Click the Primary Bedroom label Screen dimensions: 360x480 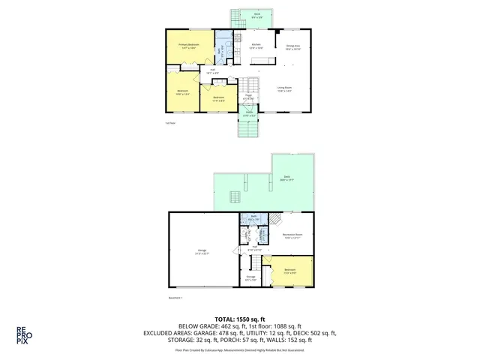[x=188, y=46]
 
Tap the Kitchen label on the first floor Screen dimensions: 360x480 [x=256, y=46]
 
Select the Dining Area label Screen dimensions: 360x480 [x=293, y=46]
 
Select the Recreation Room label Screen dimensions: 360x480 [x=292, y=237]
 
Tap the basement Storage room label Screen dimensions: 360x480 [x=251, y=277]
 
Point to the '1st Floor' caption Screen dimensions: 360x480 [x=170, y=122]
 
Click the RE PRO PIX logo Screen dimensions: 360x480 [x=22, y=334]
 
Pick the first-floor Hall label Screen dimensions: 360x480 [x=212, y=72]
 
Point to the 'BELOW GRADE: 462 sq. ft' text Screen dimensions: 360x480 [x=202, y=327]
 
